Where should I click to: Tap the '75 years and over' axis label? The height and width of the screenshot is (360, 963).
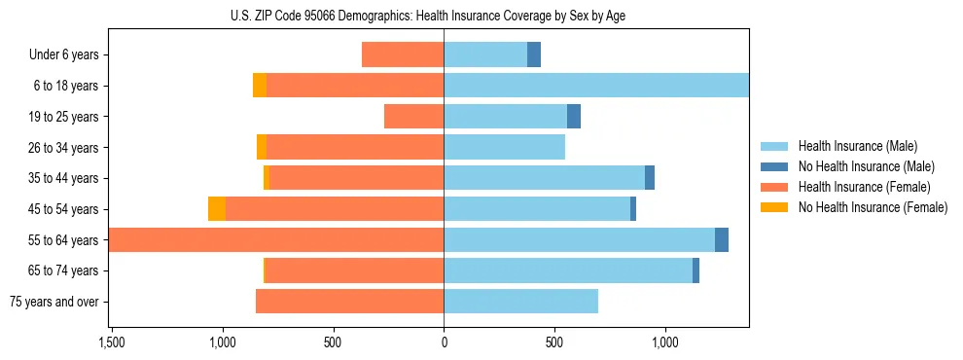coord(53,302)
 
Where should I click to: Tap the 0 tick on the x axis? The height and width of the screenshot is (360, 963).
coord(444,342)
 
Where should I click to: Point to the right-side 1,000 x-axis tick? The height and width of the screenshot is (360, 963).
coord(665,342)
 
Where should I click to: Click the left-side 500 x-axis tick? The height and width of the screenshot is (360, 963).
coord(333,342)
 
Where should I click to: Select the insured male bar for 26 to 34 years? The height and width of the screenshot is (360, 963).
coord(504,147)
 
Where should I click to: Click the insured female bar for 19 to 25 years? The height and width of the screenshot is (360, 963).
coord(413,117)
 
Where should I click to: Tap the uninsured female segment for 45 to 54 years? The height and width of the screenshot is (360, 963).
coord(217,209)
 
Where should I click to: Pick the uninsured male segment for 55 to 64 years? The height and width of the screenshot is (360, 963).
coord(722,240)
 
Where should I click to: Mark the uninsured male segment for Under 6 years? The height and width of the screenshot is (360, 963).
coord(534,54)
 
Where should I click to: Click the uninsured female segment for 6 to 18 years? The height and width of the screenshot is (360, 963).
coord(260,86)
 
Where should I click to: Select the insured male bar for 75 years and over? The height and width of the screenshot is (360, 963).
coord(520,302)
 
